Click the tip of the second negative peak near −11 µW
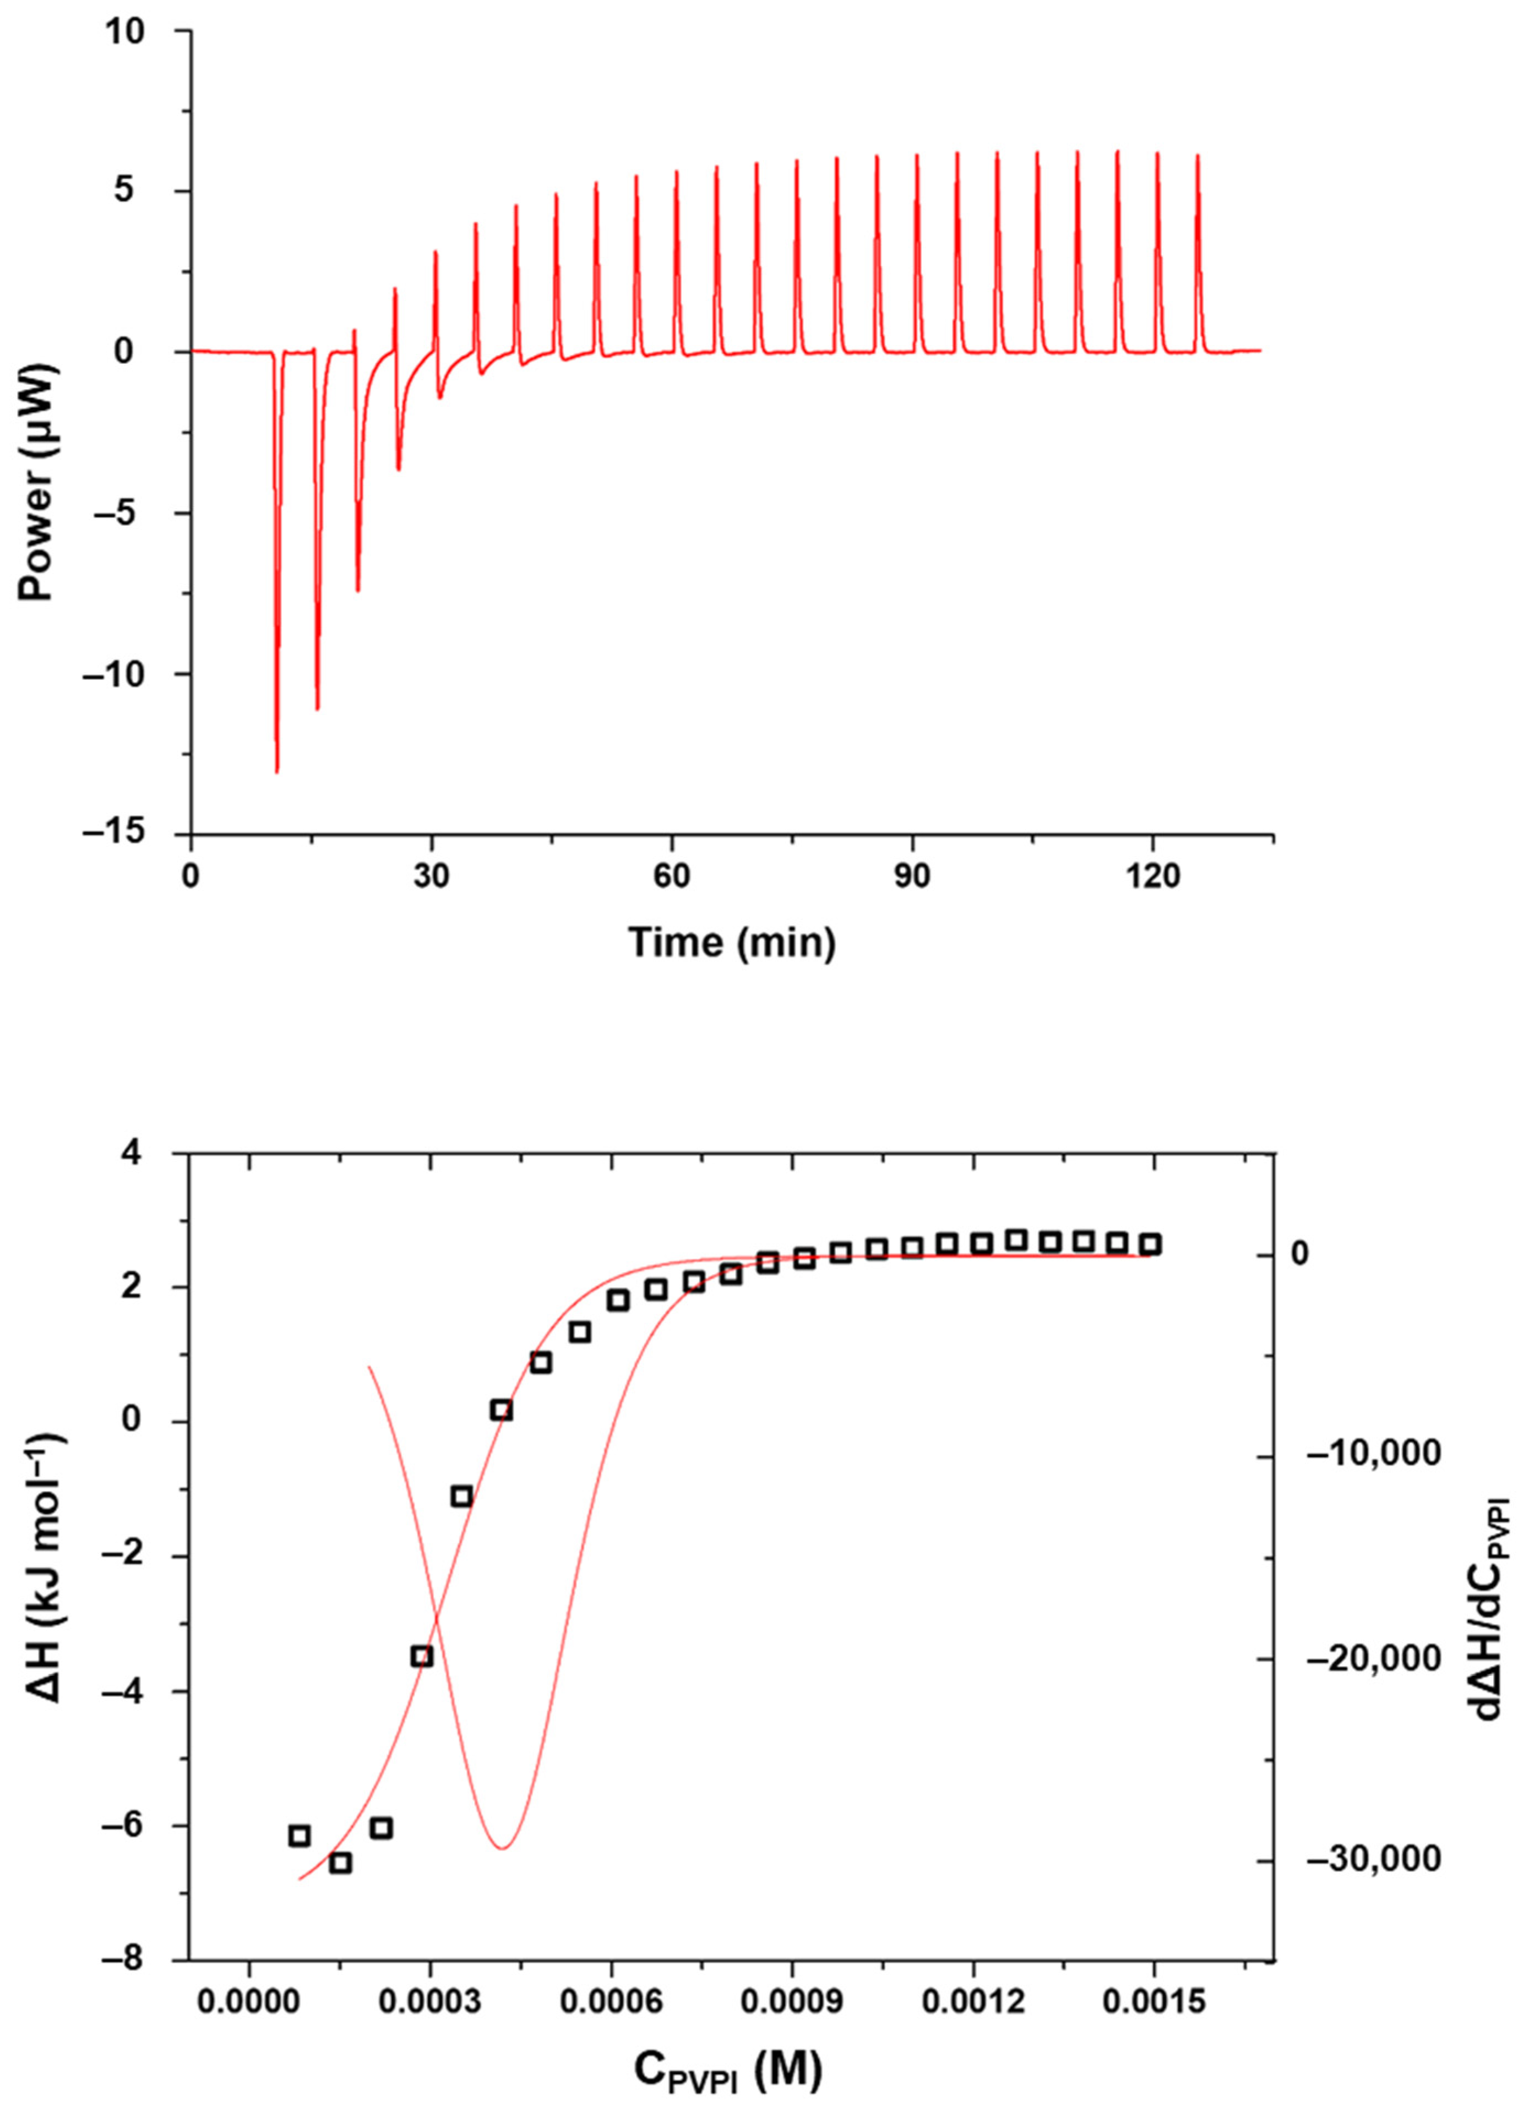[x=317, y=709]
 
